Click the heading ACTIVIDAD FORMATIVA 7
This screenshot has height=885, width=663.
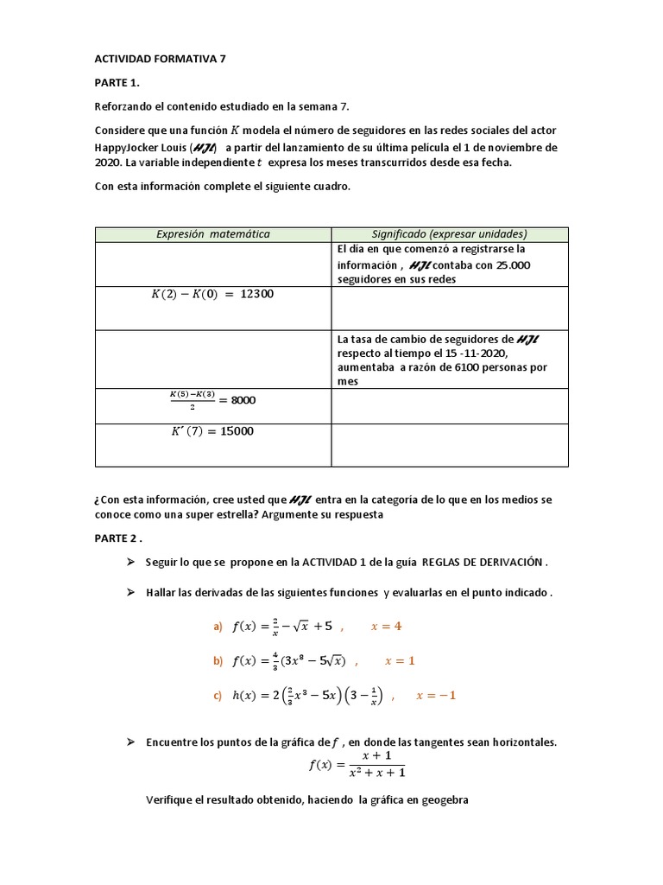(x=160, y=60)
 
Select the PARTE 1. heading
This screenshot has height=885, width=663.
(x=117, y=83)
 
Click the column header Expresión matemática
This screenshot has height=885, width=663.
(x=212, y=234)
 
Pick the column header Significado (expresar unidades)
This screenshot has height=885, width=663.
(x=449, y=234)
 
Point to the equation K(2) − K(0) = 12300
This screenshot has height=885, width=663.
(x=212, y=294)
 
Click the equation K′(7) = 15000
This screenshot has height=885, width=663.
(x=213, y=431)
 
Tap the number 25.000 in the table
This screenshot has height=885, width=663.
(x=514, y=265)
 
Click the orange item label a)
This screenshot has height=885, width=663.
(x=218, y=627)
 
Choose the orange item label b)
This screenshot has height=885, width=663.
(x=218, y=661)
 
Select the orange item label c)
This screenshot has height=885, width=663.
(x=218, y=696)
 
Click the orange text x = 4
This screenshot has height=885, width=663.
(x=386, y=627)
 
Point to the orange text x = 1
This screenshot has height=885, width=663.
(x=400, y=661)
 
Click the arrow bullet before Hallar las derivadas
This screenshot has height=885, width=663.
(x=131, y=592)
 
